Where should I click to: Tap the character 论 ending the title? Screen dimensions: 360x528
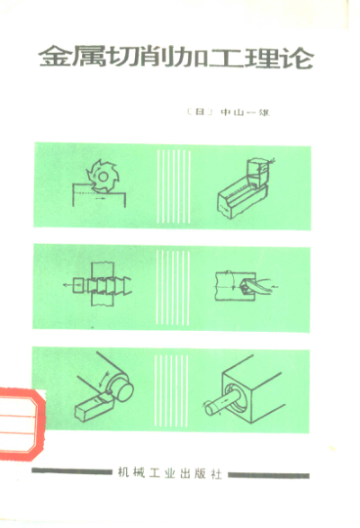(x=300, y=58)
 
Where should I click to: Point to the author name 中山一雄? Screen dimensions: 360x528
(x=245, y=112)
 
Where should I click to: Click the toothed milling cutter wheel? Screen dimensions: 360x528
(x=103, y=177)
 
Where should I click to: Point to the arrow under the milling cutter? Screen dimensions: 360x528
(x=101, y=199)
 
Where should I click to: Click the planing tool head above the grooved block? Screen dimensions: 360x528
(x=257, y=173)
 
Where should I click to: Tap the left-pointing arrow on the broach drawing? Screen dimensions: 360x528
(x=67, y=285)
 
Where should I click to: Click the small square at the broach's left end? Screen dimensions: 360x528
(x=78, y=285)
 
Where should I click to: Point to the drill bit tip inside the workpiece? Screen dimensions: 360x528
(x=244, y=287)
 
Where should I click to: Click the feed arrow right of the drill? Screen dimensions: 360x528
(x=275, y=287)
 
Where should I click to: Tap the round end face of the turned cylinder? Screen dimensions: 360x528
(x=124, y=391)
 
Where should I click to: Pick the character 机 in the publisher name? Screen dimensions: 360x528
(x=123, y=472)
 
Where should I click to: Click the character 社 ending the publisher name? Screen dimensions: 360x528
(x=216, y=473)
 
